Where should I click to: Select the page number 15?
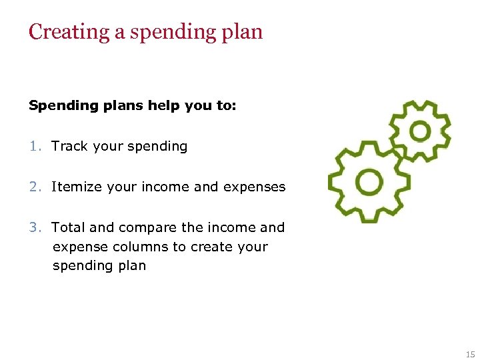pyautogui.click(x=471, y=353)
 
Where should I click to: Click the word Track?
pyautogui.click(x=70, y=146)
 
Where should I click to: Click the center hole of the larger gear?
pyautogui.click(x=369, y=181)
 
